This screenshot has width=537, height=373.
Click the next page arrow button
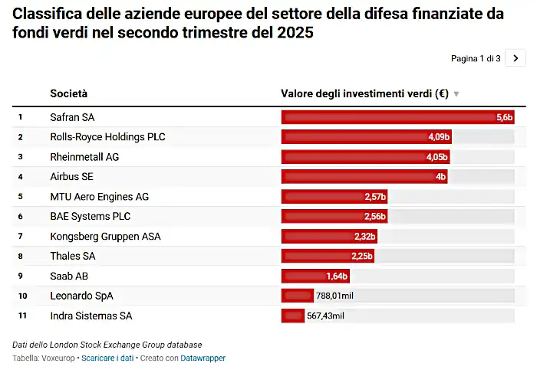pyautogui.click(x=516, y=58)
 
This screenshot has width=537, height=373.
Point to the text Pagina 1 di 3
pyautogui.click(x=476, y=58)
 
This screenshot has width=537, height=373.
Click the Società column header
pyautogui.click(x=69, y=94)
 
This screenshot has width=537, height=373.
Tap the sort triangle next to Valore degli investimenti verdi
pyautogui.click(x=456, y=94)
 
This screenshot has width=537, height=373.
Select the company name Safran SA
pyautogui.click(x=72, y=117)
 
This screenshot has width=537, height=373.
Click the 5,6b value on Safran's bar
pyautogui.click(x=504, y=117)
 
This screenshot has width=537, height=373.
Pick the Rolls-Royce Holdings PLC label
pyautogui.click(x=107, y=137)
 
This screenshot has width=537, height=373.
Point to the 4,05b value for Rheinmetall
pyautogui.click(x=437, y=157)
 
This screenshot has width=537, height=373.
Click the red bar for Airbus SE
pyautogui.click(x=361, y=177)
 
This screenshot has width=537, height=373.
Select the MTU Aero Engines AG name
pyautogui.click(x=100, y=197)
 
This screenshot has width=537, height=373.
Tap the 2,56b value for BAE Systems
pyautogui.click(x=374, y=217)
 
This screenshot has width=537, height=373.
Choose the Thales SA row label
pyautogui.click(x=72, y=256)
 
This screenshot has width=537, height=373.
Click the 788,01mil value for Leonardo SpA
pyautogui.click(x=334, y=296)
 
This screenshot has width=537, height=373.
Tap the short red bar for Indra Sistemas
pyautogui.click(x=293, y=316)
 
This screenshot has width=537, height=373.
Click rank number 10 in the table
pyautogui.click(x=23, y=296)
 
